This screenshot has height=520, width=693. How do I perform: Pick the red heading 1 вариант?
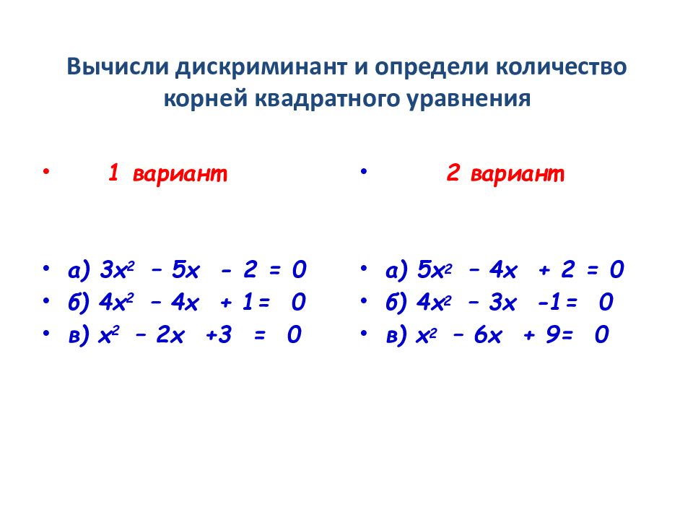167,174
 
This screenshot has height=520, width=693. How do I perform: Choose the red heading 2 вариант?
505,174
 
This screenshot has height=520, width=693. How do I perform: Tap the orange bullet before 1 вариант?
45,172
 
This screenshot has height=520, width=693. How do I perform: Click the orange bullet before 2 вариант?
363,172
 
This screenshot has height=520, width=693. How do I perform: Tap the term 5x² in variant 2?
433,271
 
